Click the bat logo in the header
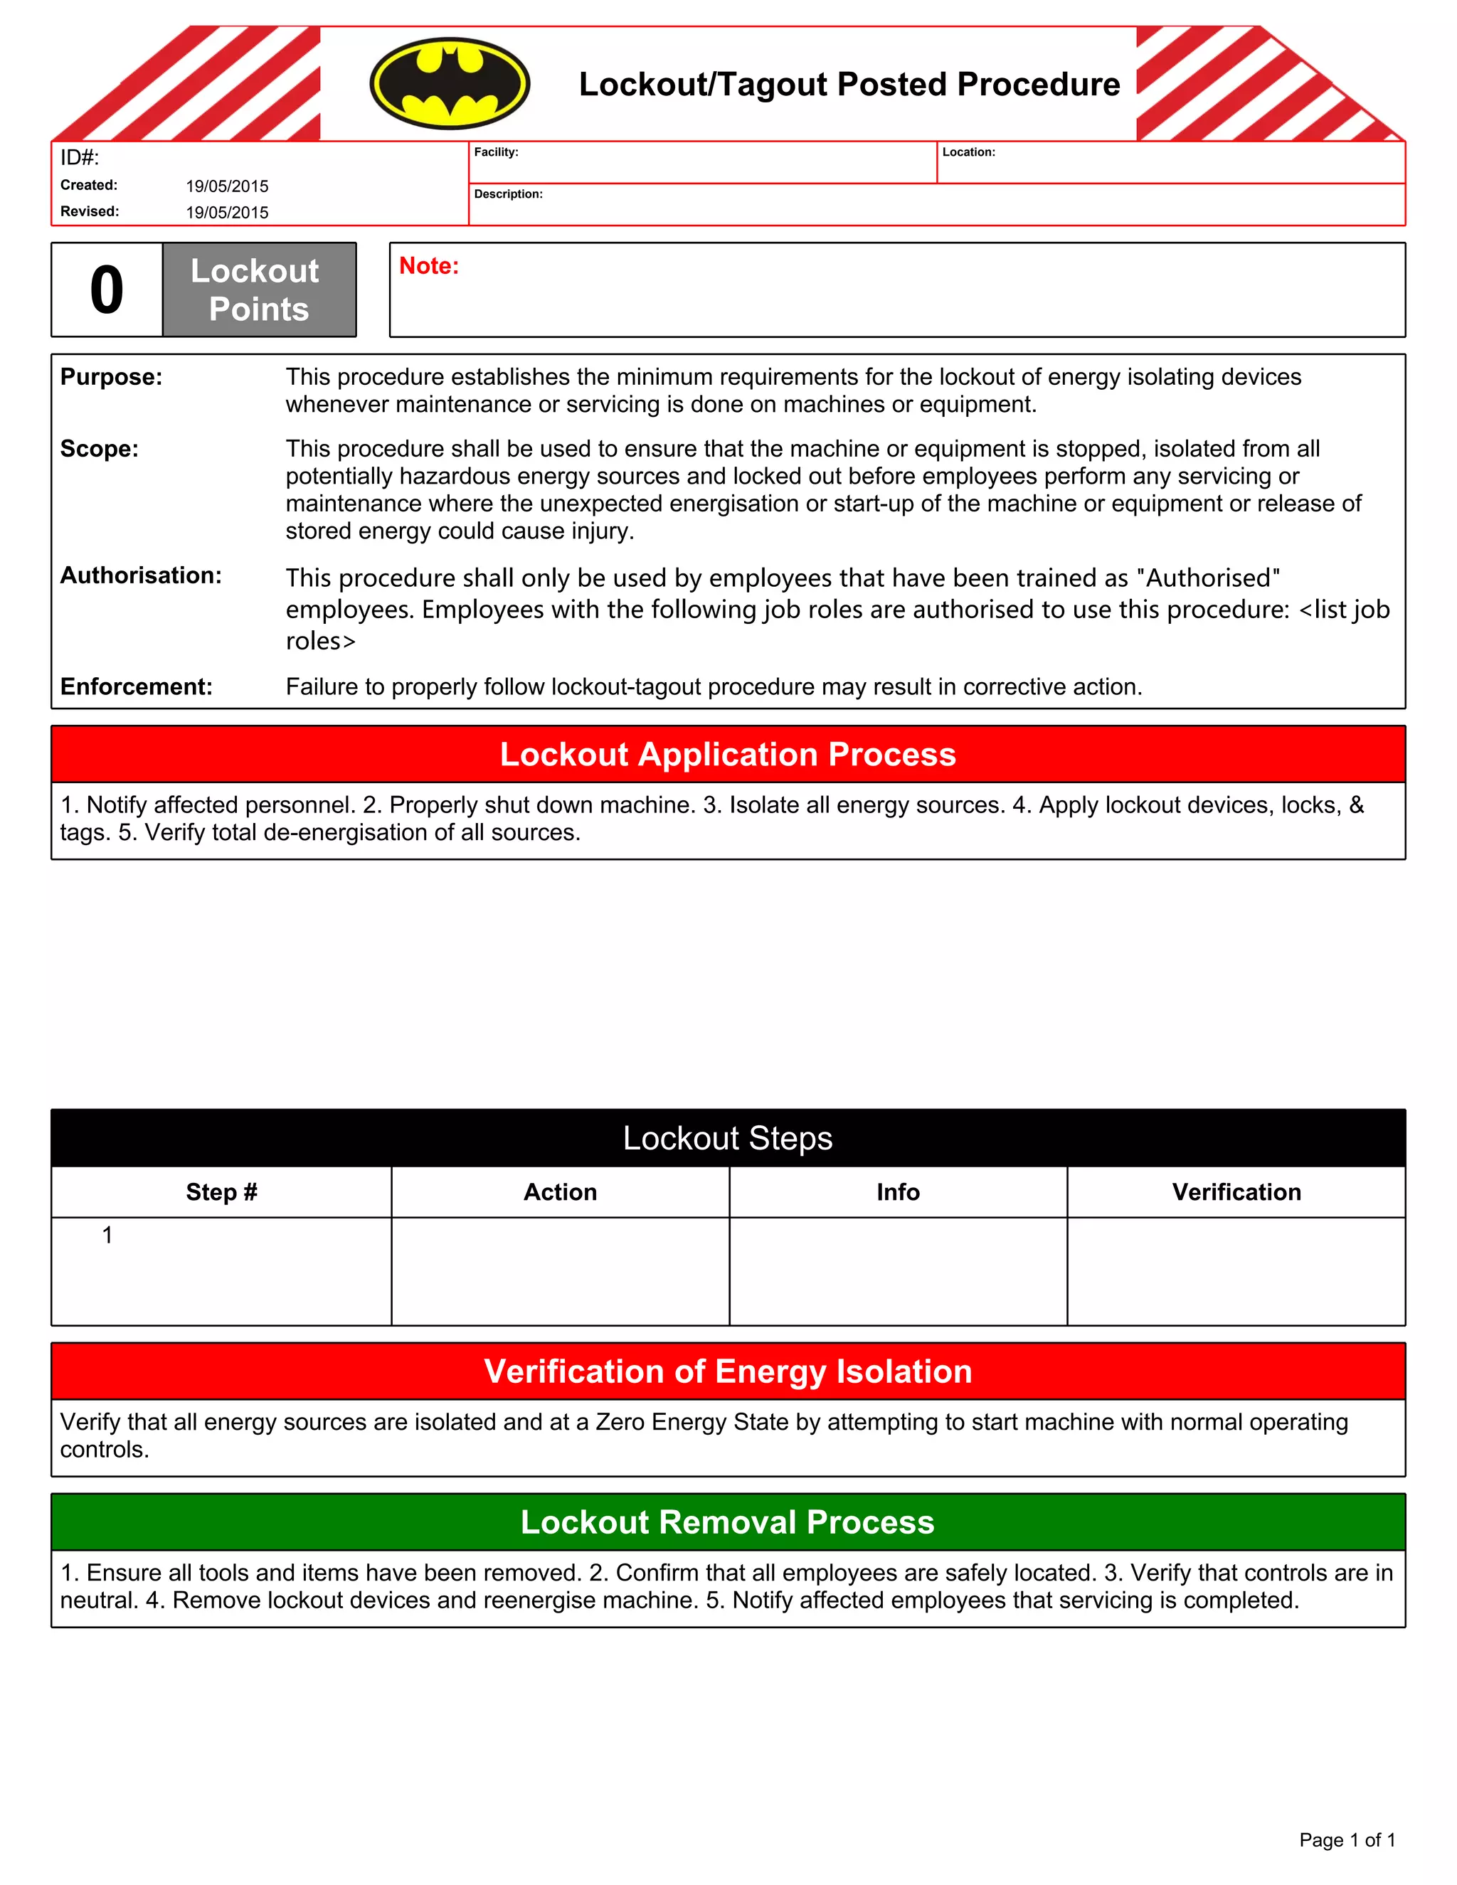[x=450, y=84]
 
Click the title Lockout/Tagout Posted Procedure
[x=849, y=85]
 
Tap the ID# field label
[x=80, y=158]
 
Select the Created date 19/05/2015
[x=227, y=186]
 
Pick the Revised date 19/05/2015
[x=227, y=212]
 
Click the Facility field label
[x=497, y=152]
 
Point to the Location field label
[x=968, y=152]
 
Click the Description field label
[x=509, y=194]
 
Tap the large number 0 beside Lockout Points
[x=107, y=290]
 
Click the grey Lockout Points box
[x=259, y=290]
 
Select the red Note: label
[x=429, y=266]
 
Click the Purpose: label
[x=112, y=377]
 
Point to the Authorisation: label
[x=141, y=575]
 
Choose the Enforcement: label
[x=137, y=687]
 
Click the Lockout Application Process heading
[x=728, y=754]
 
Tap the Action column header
[x=560, y=1192]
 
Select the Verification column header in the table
[x=1236, y=1192]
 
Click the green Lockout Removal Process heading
[x=728, y=1522]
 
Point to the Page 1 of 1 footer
[x=1347, y=1840]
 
